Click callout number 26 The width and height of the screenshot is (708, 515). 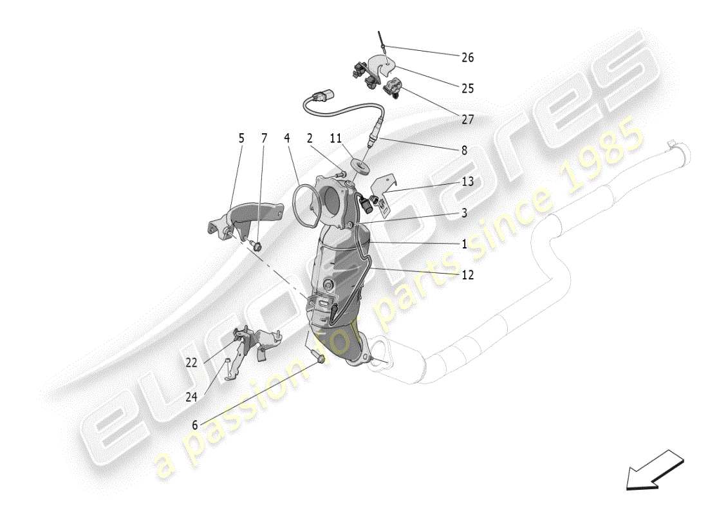(x=467, y=57)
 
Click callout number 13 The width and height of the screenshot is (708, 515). (x=467, y=182)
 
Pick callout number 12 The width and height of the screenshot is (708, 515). (x=467, y=275)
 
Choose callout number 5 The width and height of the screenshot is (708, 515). (x=241, y=138)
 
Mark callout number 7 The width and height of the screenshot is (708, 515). (x=264, y=138)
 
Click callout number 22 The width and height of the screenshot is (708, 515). (x=191, y=362)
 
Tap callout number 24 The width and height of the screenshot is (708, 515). (x=191, y=397)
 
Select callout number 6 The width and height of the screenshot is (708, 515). (x=195, y=425)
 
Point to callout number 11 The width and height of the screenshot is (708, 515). (x=336, y=138)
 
